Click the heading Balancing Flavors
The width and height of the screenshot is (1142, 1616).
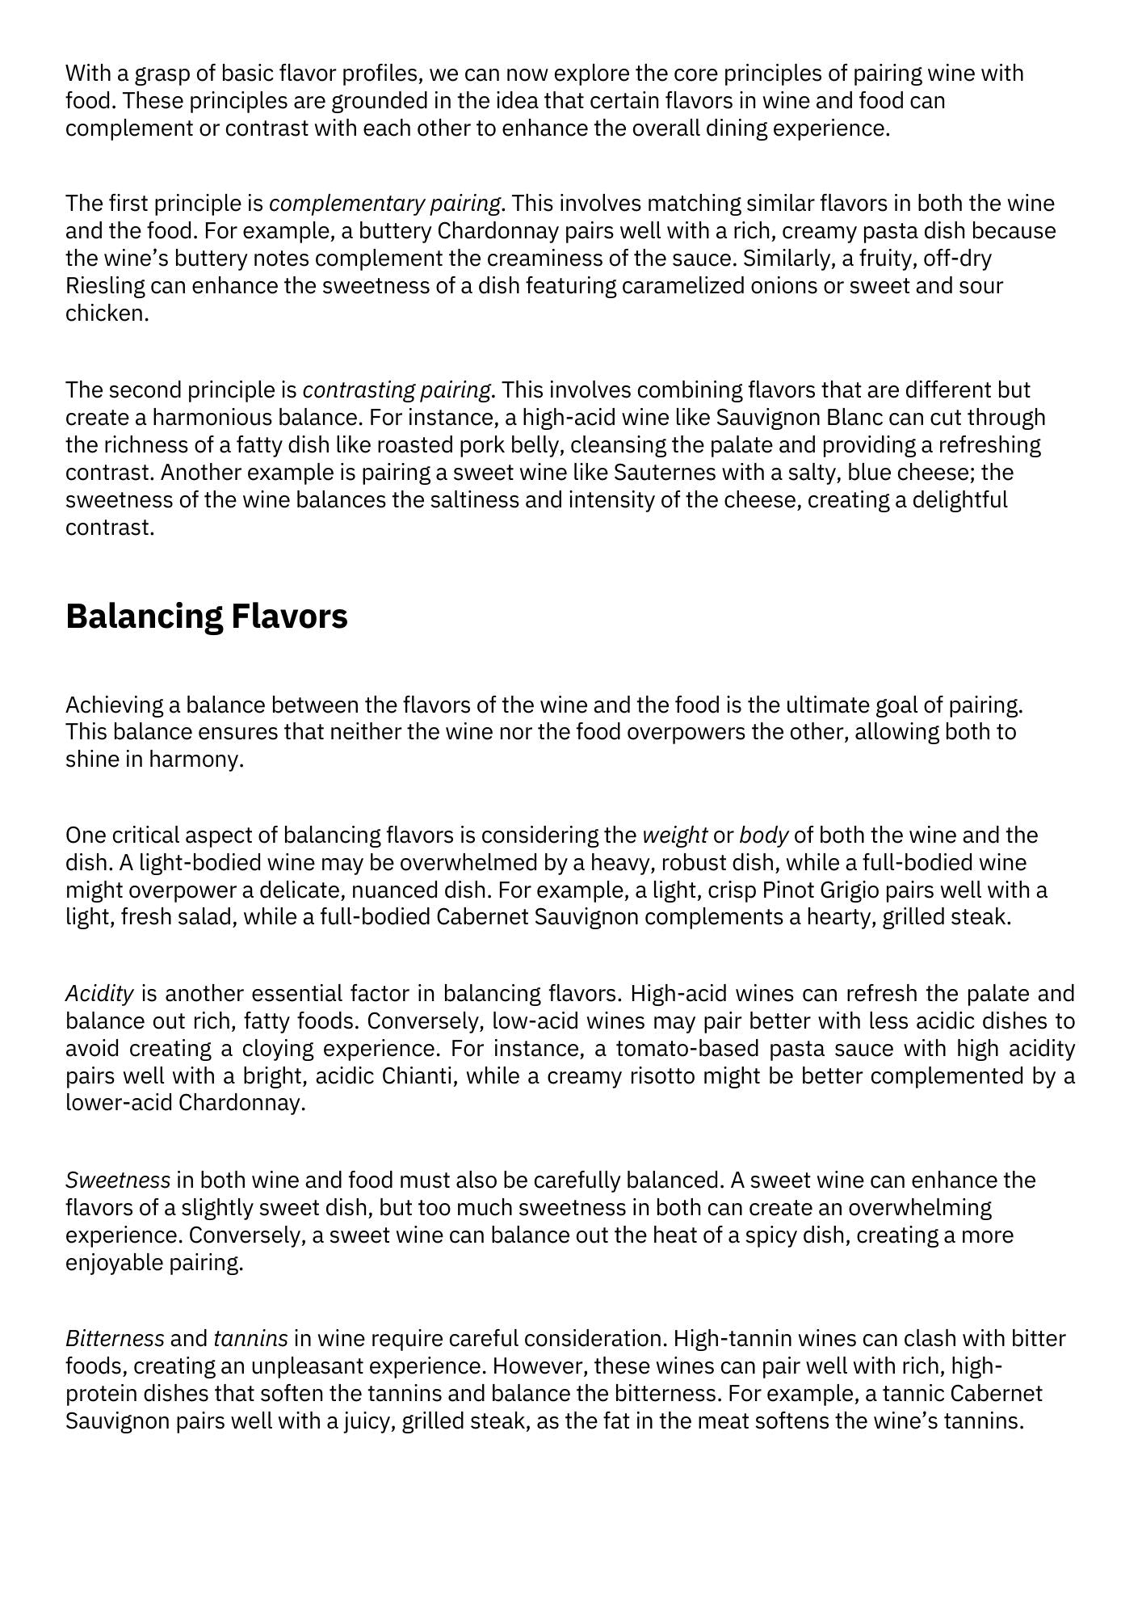tap(206, 617)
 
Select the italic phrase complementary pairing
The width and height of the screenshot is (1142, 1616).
tap(384, 203)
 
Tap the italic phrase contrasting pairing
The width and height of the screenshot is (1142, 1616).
tap(396, 390)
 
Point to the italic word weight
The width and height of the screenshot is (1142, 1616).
tap(674, 835)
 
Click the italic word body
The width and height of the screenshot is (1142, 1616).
tap(763, 835)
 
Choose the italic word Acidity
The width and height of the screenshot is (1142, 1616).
tap(99, 993)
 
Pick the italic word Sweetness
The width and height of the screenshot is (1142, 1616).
tap(118, 1180)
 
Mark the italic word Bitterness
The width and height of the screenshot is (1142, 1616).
tap(115, 1339)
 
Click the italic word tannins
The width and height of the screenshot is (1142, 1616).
tap(250, 1339)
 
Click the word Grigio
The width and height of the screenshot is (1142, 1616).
tap(848, 890)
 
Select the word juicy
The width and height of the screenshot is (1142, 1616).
tap(368, 1421)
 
